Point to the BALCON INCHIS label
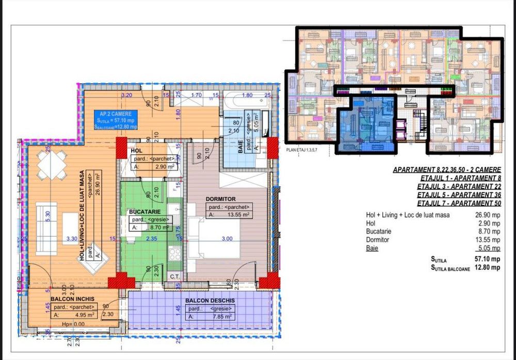coord(71,299)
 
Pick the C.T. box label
coord(174,276)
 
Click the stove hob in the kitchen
coord(175,252)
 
